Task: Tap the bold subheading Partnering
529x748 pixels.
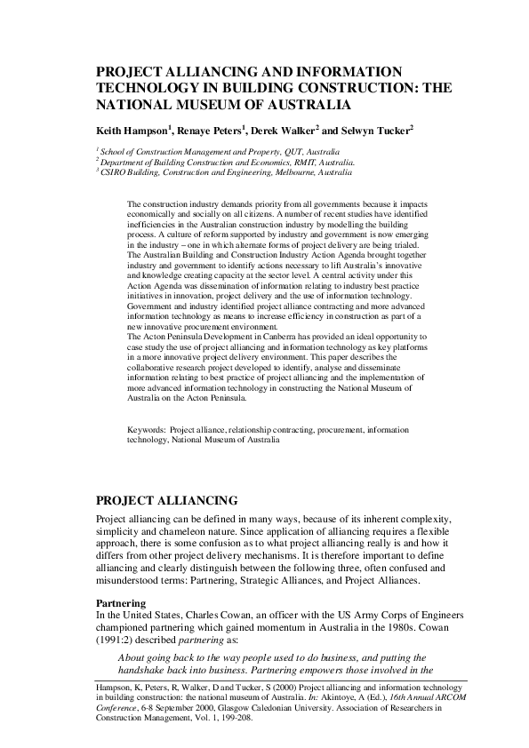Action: tap(120, 602)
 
